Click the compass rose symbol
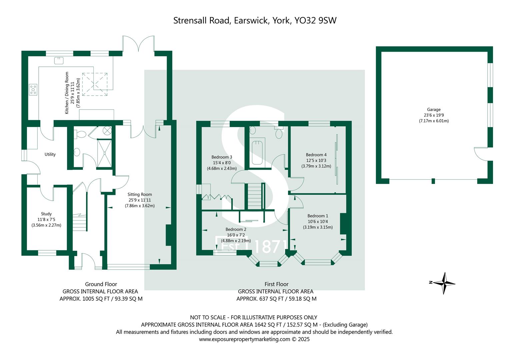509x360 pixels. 444,283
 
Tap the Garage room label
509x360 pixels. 434,109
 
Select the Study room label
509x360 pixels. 46,214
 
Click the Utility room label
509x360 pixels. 50,154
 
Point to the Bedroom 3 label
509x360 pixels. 222,157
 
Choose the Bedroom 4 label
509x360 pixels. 316,155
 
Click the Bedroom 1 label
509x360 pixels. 318,216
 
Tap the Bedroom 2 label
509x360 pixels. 236,229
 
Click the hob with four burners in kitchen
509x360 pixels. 33,89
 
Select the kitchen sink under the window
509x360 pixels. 59,60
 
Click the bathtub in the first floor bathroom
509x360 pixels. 257,153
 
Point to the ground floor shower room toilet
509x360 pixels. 80,134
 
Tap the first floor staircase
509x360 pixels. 255,196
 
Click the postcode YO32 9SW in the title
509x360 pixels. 316,20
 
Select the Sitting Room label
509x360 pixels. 140,194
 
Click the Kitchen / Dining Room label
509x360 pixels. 67,93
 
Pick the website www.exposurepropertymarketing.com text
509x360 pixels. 245,339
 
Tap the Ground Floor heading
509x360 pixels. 101,284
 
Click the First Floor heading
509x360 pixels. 276,284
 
